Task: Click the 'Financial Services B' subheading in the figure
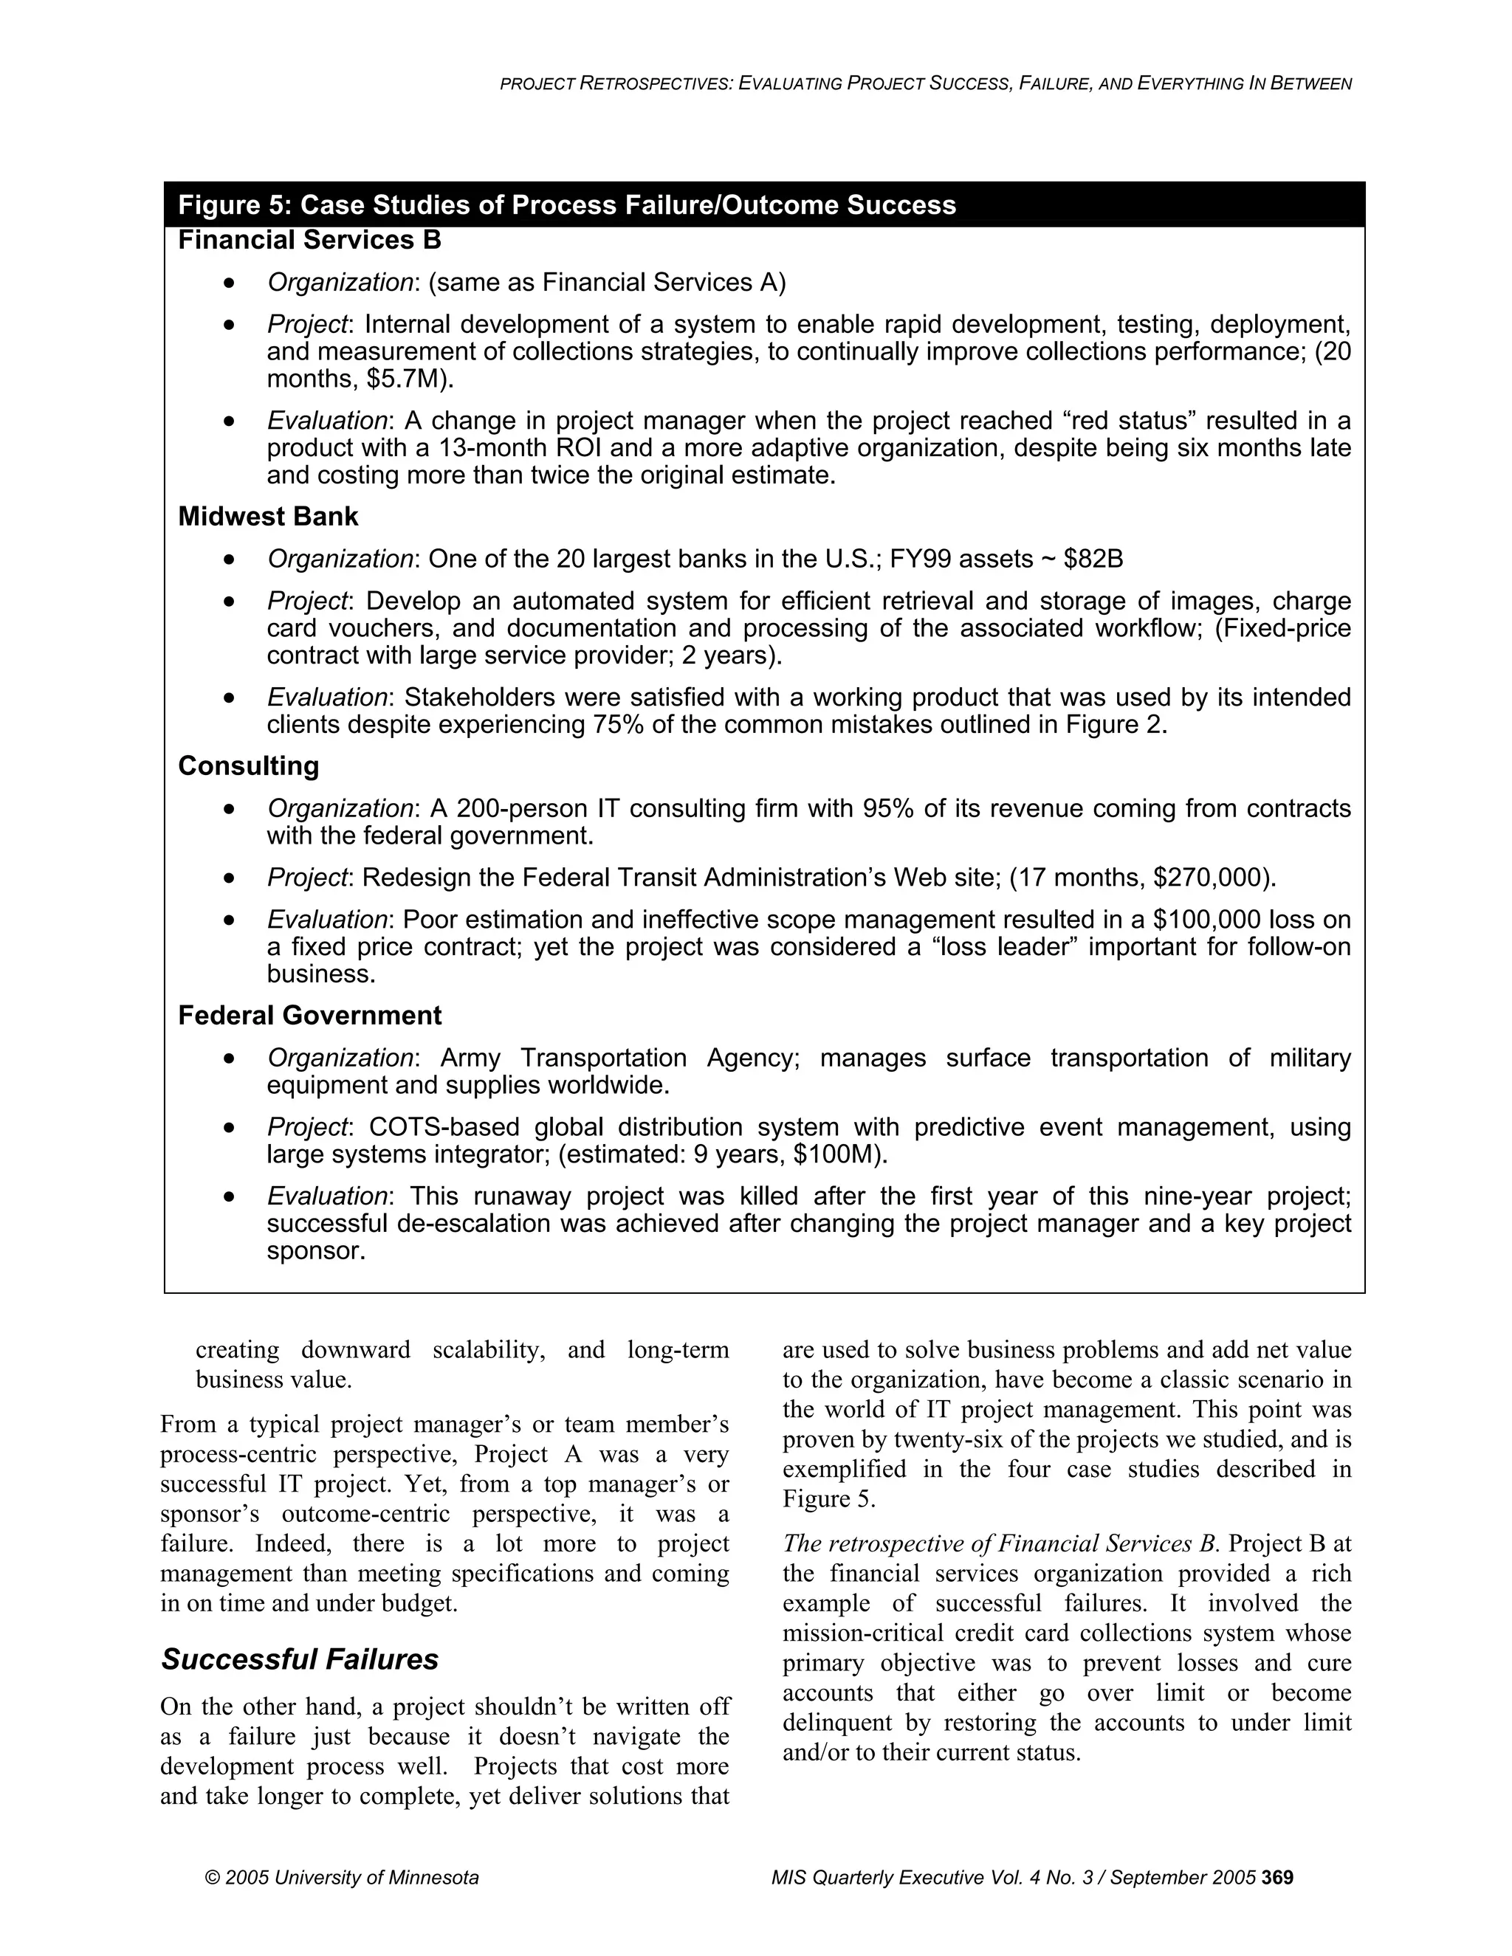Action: [x=309, y=240]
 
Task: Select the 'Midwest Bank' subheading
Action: [x=268, y=517]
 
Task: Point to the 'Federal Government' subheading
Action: [x=309, y=1015]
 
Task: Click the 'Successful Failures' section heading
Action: [x=299, y=1659]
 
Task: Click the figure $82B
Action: [x=1093, y=559]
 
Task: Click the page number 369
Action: [x=1277, y=1877]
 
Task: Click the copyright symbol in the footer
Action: [x=213, y=1877]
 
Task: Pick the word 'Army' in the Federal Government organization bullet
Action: [x=470, y=1058]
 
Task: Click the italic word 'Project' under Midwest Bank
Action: [x=306, y=600]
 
